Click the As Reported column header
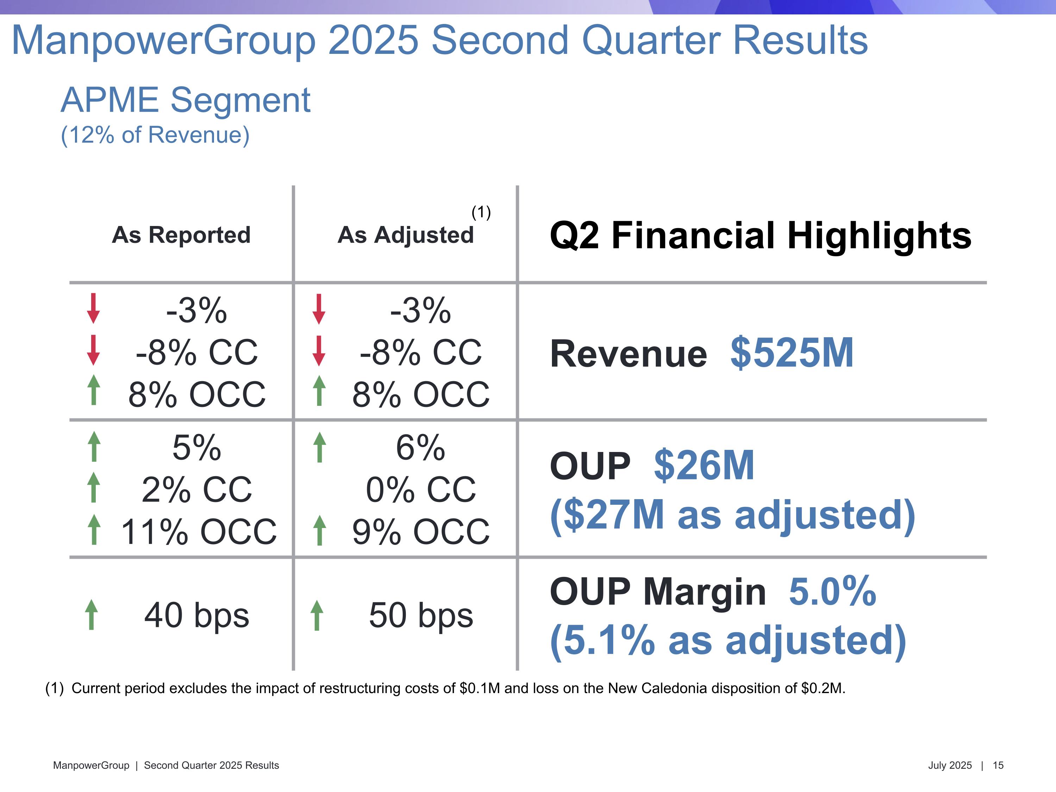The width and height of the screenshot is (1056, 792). [181, 235]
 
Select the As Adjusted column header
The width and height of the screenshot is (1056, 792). [405, 235]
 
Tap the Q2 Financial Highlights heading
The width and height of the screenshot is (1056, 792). [760, 235]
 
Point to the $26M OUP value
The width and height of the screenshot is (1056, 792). [704, 465]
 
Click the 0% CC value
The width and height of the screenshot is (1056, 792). [421, 490]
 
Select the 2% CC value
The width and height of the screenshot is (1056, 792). [197, 490]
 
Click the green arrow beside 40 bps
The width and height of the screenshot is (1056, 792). [91, 615]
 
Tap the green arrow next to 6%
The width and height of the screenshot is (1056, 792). [319, 447]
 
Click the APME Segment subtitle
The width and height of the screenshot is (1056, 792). [186, 100]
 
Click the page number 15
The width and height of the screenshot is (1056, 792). [998, 765]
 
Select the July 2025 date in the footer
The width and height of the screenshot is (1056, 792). [950, 765]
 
